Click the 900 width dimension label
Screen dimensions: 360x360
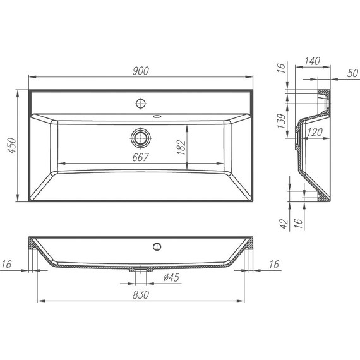point(141,71)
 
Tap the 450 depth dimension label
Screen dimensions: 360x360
point(12,145)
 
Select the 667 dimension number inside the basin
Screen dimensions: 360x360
point(140,157)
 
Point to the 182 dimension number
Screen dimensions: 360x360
point(181,147)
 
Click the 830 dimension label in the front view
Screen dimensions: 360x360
point(141,294)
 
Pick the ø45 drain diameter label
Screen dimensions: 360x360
point(171,277)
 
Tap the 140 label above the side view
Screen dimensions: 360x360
point(312,61)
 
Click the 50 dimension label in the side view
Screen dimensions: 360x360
point(352,73)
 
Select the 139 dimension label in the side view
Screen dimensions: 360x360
point(282,121)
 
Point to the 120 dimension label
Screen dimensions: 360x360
point(315,132)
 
